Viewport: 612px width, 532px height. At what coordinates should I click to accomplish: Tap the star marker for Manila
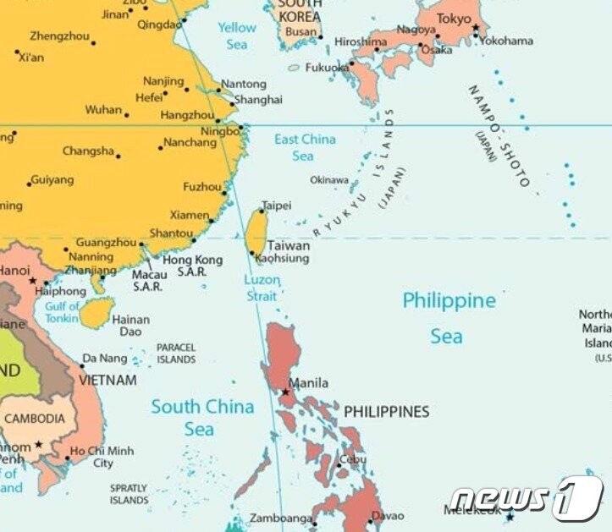[285, 392]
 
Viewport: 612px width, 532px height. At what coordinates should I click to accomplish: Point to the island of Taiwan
[255, 233]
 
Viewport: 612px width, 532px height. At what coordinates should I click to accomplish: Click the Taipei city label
[277, 206]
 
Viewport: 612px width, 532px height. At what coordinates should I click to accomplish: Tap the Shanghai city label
[258, 100]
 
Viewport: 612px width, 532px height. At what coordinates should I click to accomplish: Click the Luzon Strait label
[262, 288]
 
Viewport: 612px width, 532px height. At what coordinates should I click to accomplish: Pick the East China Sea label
[304, 147]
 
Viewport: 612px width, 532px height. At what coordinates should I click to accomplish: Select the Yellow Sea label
[237, 35]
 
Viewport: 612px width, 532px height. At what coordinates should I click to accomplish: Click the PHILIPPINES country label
[386, 412]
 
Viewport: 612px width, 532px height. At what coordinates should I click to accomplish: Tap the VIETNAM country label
[108, 381]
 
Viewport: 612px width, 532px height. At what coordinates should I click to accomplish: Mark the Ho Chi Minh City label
[102, 457]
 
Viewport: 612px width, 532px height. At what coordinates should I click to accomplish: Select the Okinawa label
[328, 180]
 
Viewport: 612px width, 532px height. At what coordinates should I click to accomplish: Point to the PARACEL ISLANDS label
[176, 354]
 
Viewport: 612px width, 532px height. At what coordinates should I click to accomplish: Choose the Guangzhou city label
[106, 243]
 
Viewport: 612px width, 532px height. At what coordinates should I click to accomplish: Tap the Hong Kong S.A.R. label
[192, 266]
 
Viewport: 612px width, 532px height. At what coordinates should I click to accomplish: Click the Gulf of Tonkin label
[62, 311]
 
